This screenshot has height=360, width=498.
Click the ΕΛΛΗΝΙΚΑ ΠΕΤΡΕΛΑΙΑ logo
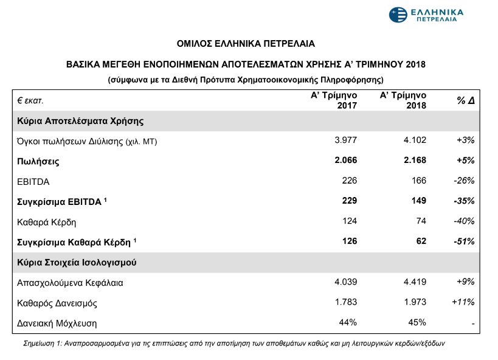coord(426,15)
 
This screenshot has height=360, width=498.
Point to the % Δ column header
coord(465,101)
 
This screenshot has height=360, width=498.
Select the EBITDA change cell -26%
coord(464,181)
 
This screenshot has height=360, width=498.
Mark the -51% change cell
coord(464,241)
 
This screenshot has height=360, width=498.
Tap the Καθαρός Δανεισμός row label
coord(58,302)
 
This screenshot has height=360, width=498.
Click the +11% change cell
coord(463,302)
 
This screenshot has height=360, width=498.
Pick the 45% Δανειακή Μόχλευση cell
coord(417,323)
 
